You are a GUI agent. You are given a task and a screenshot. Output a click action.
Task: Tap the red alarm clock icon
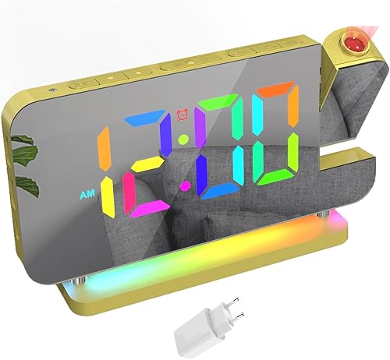pyautogui.click(x=183, y=115)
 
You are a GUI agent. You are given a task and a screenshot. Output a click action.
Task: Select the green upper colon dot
pyautogui.click(x=183, y=139)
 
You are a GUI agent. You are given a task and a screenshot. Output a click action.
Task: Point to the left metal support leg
pyautogui.click(x=79, y=279)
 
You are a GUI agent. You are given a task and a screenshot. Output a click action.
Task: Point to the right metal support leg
pyautogui.click(x=323, y=214)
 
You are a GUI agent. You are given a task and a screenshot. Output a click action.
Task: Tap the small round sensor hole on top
pyautogui.click(x=53, y=90)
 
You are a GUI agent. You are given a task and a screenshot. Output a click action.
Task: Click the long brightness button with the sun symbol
pyautogui.click(x=189, y=63)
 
